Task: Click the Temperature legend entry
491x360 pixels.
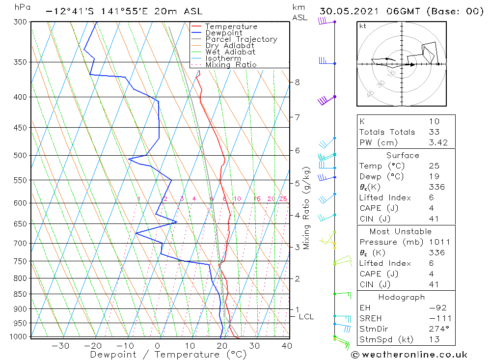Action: [x=231, y=27]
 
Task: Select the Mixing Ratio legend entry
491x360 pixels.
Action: [x=231, y=64]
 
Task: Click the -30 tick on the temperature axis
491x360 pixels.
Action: [x=60, y=346]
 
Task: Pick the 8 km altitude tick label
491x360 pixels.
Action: [x=298, y=83]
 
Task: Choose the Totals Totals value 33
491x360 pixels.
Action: [x=434, y=132]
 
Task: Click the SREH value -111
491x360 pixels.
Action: [x=436, y=318]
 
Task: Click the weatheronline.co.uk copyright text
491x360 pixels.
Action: [x=409, y=355]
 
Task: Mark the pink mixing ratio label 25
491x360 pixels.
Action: [x=283, y=198]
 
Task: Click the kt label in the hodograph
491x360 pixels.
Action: [x=363, y=26]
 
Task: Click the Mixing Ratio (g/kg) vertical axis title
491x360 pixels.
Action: [x=307, y=208]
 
